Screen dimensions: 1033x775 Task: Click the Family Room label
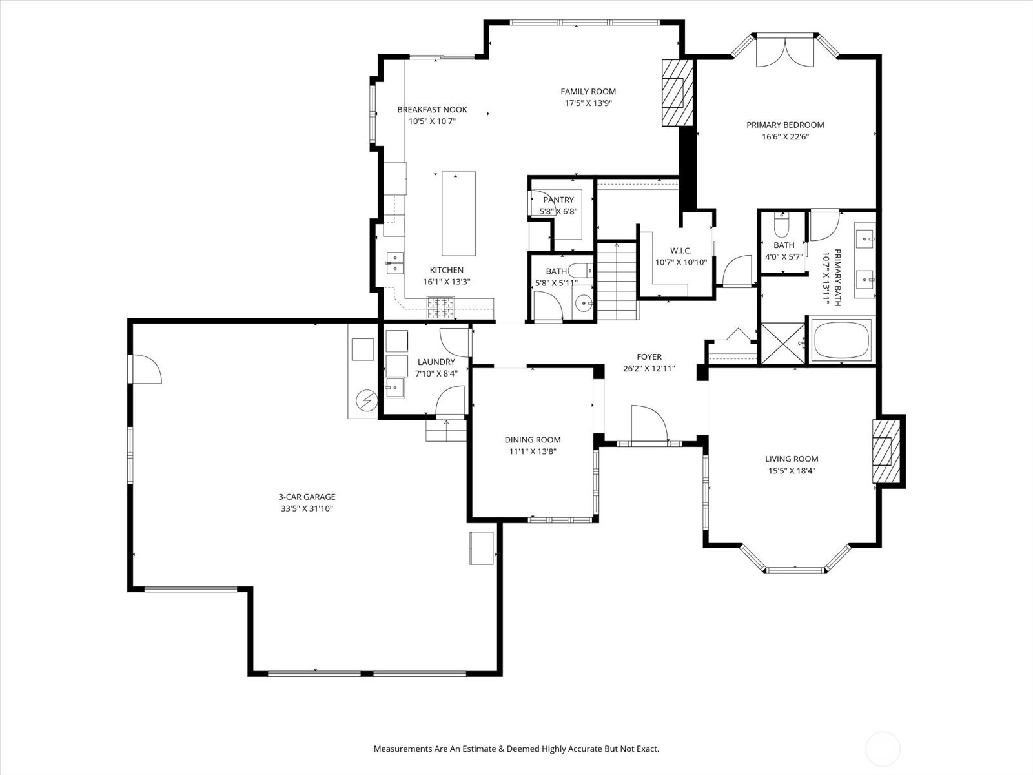(588, 91)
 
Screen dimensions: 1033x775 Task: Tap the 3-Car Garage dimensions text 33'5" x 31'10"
(307, 508)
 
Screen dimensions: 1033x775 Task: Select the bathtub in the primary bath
(841, 340)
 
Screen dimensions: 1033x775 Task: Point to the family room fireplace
(678, 93)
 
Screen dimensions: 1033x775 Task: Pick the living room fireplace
(886, 451)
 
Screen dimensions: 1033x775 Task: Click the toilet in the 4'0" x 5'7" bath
(781, 225)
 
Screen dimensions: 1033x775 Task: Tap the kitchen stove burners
(441, 308)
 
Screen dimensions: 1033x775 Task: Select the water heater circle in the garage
(366, 400)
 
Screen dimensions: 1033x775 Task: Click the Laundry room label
(436, 362)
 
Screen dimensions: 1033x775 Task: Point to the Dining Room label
(533, 440)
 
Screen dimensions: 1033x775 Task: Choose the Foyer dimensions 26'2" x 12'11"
(649, 368)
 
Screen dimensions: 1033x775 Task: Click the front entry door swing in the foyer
(649, 424)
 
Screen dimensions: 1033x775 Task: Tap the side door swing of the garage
(145, 369)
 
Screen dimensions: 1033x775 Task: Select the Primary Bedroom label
(785, 125)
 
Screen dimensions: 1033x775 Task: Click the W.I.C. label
(681, 251)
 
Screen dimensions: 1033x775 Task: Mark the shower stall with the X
(782, 343)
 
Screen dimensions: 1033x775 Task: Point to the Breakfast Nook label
(432, 110)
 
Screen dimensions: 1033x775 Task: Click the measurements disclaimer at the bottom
(516, 749)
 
